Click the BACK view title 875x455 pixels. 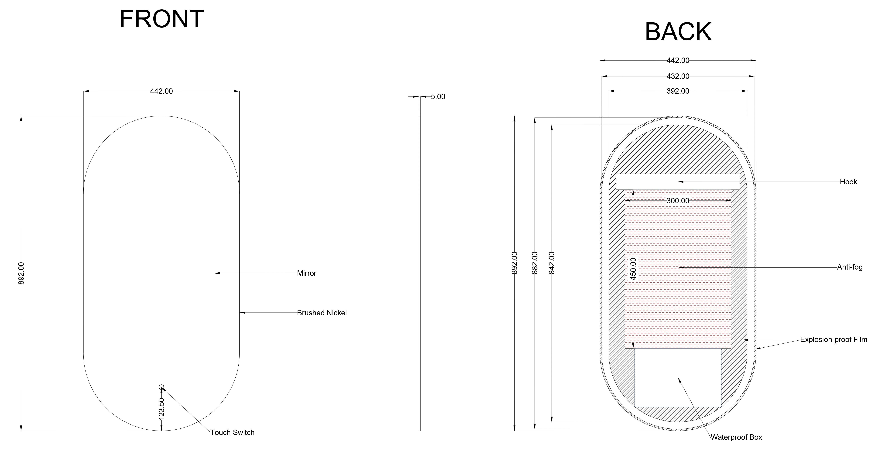coord(678,32)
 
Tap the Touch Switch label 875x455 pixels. coord(232,432)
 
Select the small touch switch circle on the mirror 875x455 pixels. coord(161,387)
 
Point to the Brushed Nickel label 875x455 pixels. coord(322,313)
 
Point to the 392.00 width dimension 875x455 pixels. coord(678,91)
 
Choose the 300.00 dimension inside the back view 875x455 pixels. coord(678,201)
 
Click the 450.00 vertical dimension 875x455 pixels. coord(633,269)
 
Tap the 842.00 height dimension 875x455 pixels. coord(552,263)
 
